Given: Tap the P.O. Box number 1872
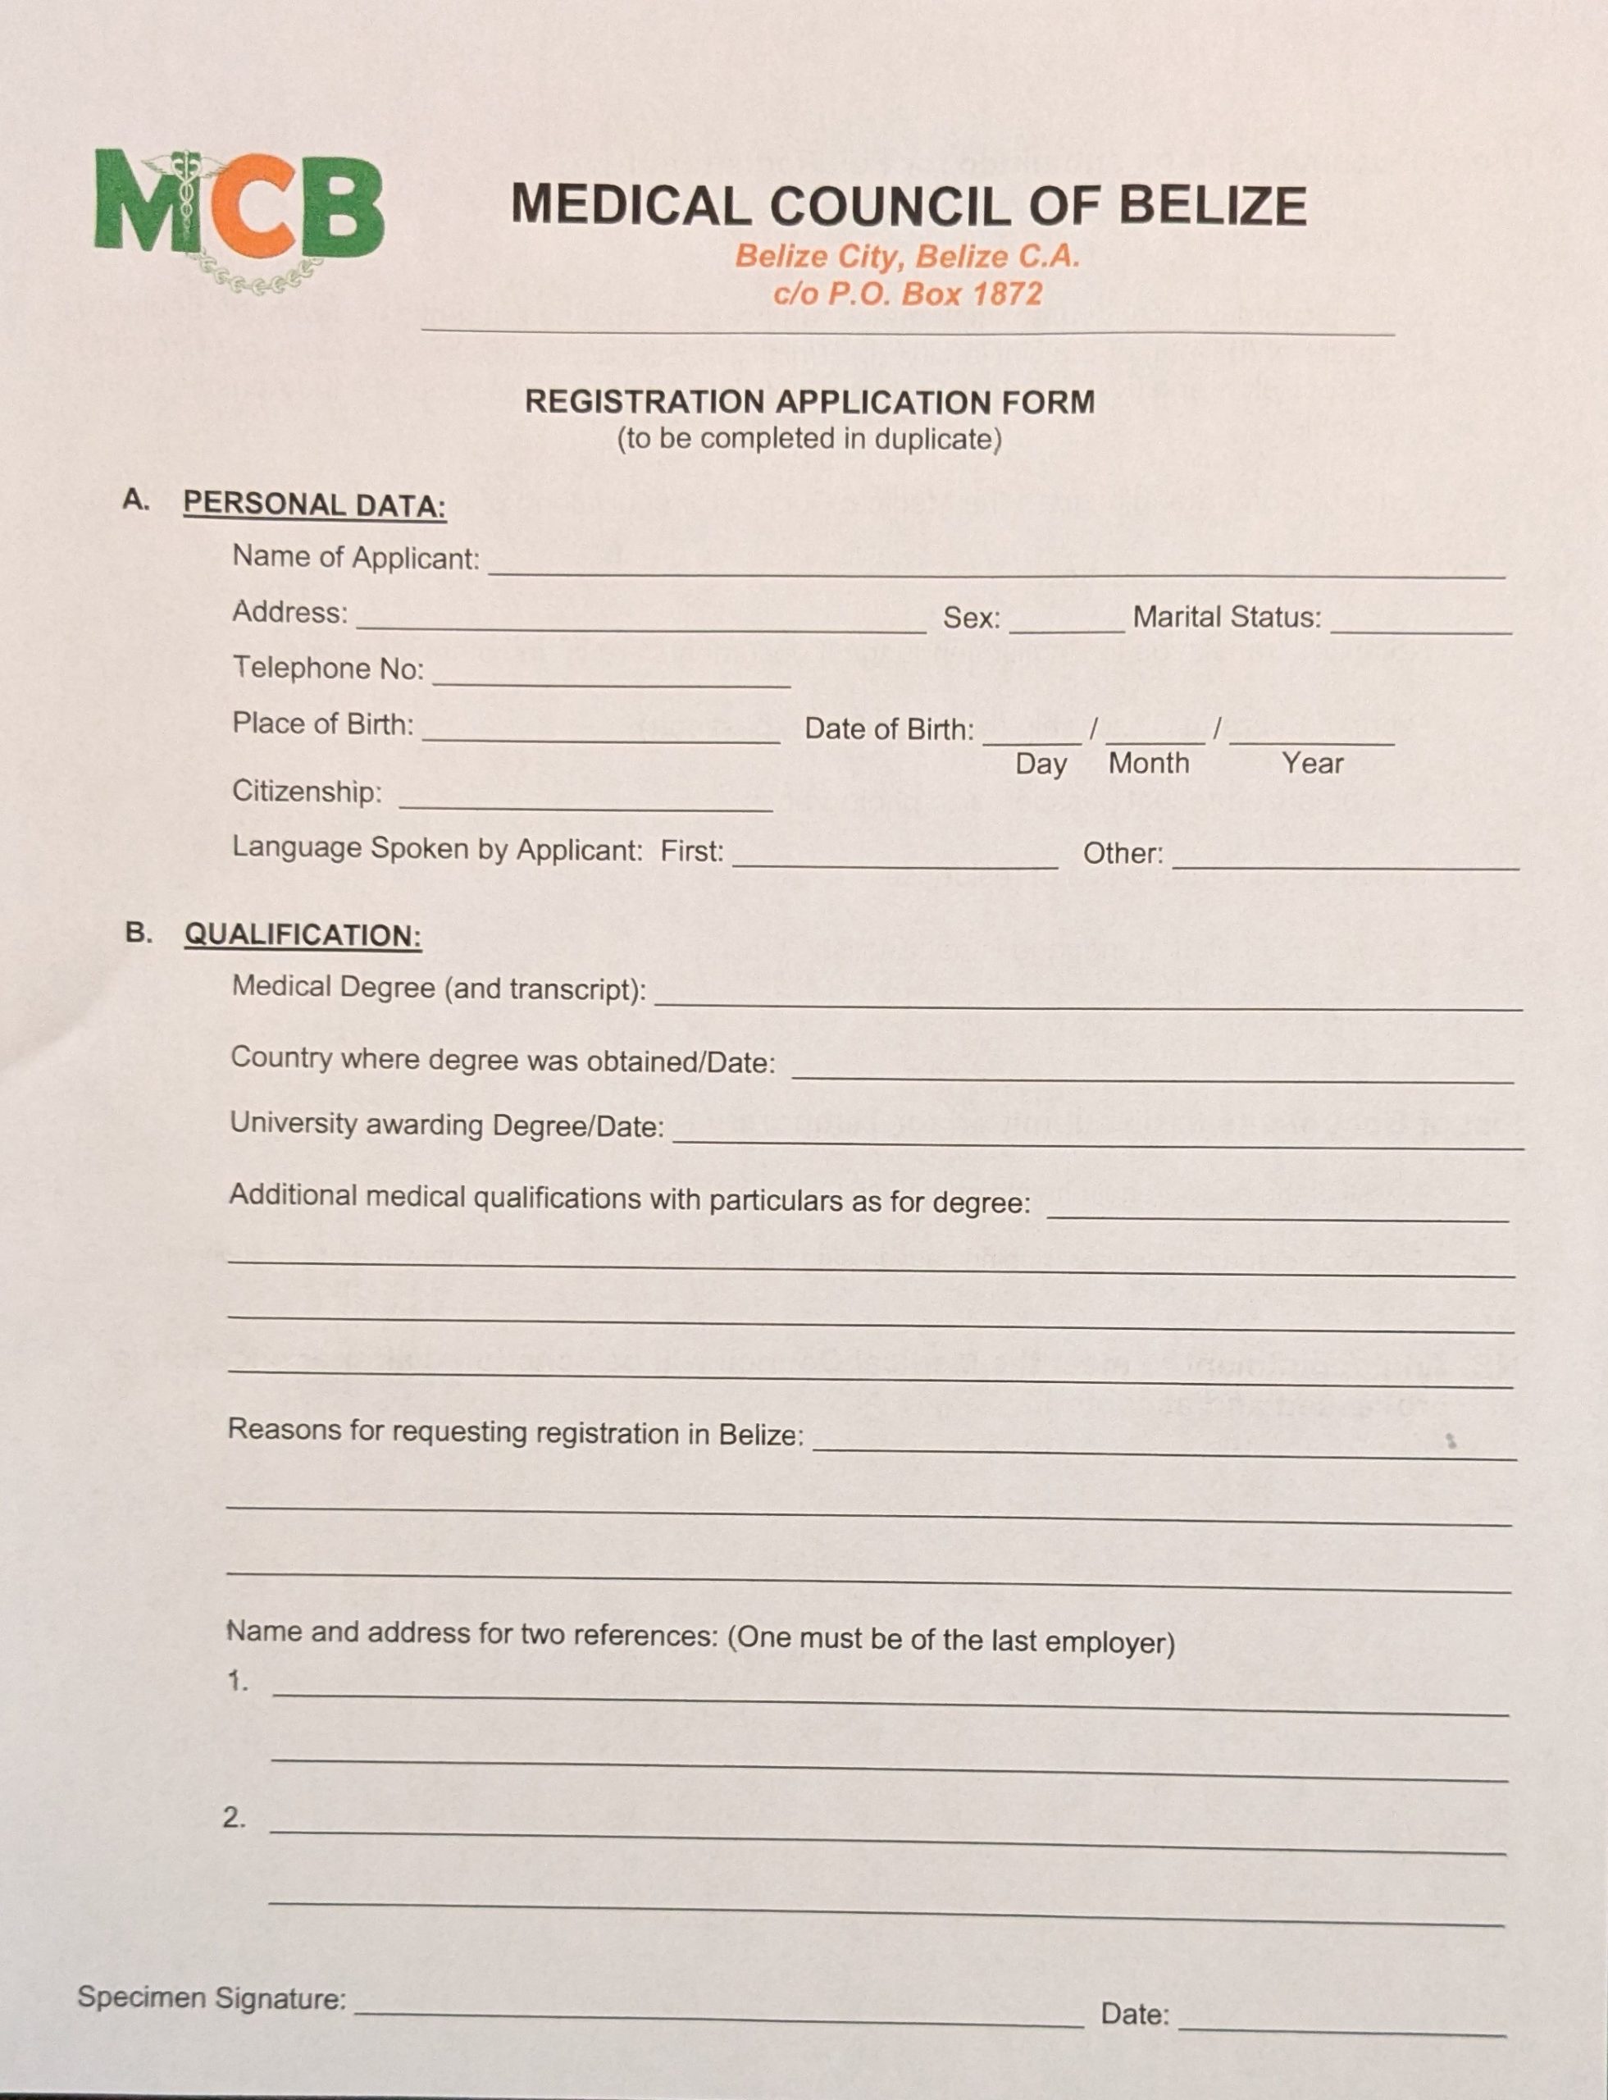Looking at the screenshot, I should pyautogui.click(x=1006, y=293).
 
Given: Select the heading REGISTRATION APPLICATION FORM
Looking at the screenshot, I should pyautogui.click(x=810, y=402).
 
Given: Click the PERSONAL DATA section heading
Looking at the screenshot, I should pyautogui.click(x=314, y=504).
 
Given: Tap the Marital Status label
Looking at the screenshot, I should pyautogui.click(x=1226, y=618).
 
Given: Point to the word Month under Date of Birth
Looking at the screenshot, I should pyautogui.click(x=1149, y=765).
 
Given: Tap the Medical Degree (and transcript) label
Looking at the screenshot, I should pyautogui.click(x=439, y=988).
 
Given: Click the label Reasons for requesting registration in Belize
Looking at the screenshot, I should pyautogui.click(x=516, y=1432).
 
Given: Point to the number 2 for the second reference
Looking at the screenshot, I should pyautogui.click(x=234, y=1818).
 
